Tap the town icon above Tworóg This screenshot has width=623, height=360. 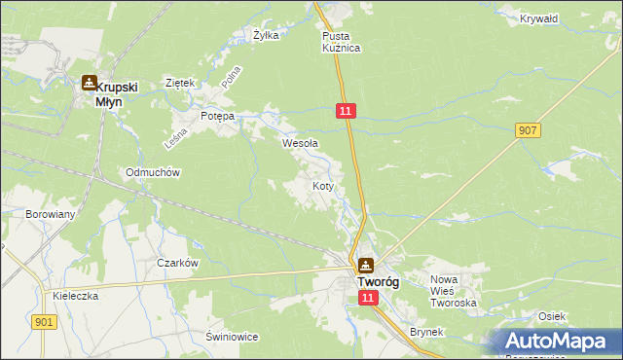[x=365, y=264]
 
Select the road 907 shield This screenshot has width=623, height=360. [x=529, y=129]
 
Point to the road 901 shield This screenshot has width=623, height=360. [x=43, y=322]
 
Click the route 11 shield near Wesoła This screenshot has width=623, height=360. [x=347, y=113]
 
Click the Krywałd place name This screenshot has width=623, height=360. [x=531, y=18]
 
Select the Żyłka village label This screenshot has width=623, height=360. [x=266, y=35]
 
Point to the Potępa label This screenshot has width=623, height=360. [x=218, y=116]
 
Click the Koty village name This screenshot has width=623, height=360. [x=325, y=185]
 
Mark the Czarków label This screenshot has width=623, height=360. [x=178, y=263]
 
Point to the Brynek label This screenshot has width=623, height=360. [x=426, y=332]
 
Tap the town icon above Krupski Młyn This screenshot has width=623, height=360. [x=89, y=84]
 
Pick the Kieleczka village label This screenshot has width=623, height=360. [x=77, y=296]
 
